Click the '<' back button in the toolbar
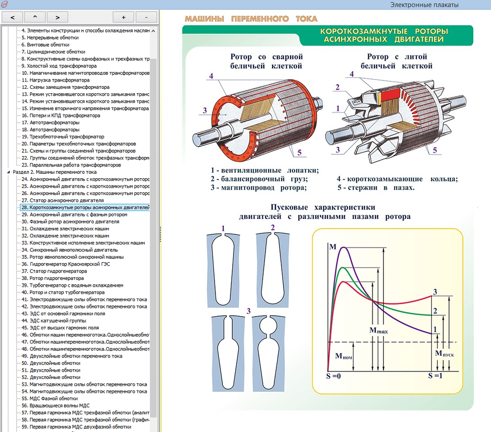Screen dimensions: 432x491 pos(12,17)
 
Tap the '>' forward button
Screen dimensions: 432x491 pos(58,17)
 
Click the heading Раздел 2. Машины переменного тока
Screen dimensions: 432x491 pos(55,172)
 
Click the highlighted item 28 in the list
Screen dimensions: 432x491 pos(85,208)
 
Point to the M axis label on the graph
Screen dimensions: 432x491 pos(332,246)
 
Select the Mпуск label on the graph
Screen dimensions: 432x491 pos(444,352)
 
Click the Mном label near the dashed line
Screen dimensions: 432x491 pos(344,356)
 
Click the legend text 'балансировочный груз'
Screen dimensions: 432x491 pos(266,179)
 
